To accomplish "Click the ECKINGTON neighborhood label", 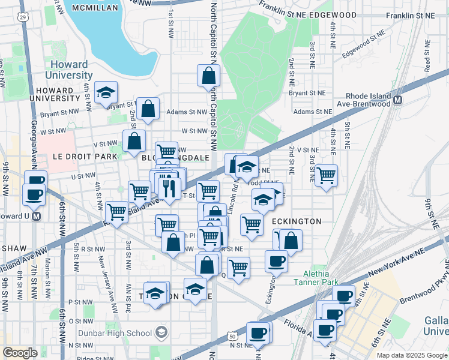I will pos(297,221).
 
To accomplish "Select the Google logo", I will pos(20,353).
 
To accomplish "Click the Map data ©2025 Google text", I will pos(411,355).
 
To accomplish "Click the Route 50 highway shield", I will pos(232,337).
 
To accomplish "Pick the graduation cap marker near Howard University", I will pos(106,92).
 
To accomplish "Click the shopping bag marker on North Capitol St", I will pos(208,76).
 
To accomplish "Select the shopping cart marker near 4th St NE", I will pos(326,175).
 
